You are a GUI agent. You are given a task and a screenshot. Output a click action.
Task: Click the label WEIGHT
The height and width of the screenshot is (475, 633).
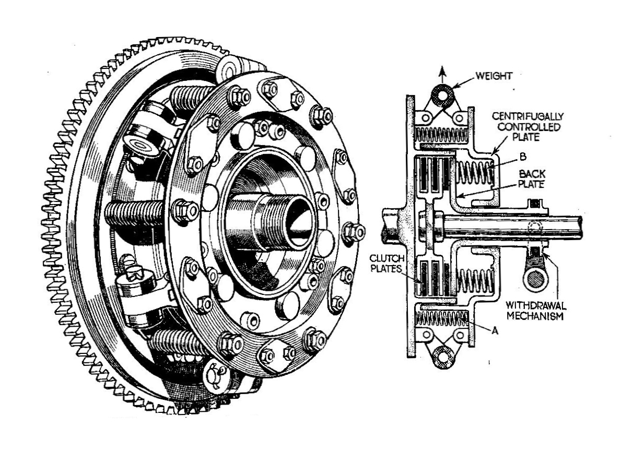(x=494, y=77)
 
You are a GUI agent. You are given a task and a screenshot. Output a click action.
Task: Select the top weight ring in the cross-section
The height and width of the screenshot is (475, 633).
(x=443, y=96)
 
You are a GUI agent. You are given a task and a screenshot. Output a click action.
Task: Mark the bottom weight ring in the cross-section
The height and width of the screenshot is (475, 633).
(x=443, y=357)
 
